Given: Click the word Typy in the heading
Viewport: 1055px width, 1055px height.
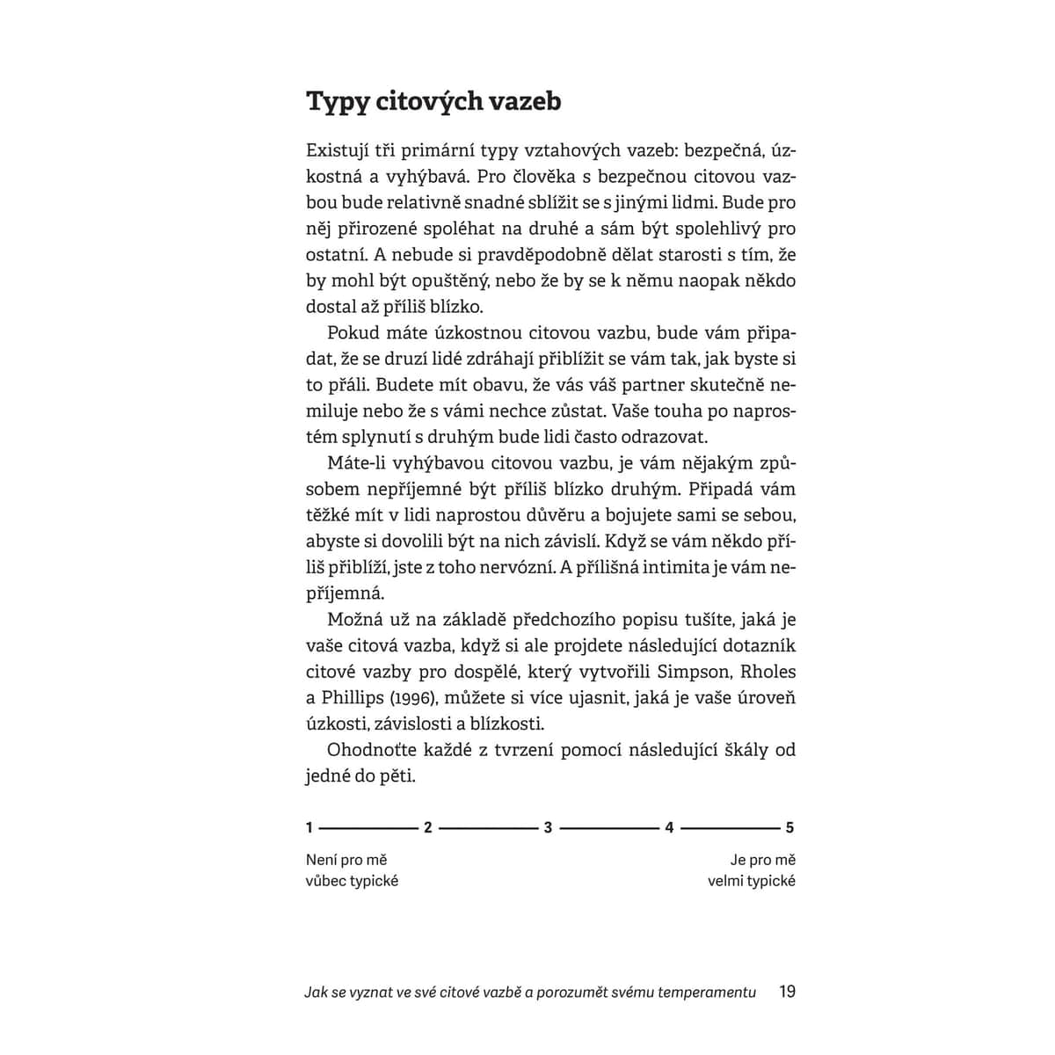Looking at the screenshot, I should (x=337, y=102).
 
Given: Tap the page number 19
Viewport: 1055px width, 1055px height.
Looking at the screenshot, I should (x=787, y=992).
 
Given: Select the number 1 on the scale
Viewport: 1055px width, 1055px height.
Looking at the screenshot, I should (x=309, y=827).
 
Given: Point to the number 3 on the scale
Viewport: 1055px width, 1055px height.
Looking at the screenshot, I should (x=549, y=827).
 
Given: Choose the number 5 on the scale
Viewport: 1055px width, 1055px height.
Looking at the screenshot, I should (x=789, y=827).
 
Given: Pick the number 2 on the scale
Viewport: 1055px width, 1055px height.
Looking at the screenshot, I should (x=428, y=827).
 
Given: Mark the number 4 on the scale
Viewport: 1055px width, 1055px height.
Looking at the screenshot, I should (x=669, y=827).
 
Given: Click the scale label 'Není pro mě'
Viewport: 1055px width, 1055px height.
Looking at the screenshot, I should (x=346, y=860).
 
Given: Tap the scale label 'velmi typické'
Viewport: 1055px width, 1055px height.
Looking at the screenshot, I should (x=752, y=880).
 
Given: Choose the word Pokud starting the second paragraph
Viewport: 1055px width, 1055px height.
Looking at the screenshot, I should (x=350, y=333).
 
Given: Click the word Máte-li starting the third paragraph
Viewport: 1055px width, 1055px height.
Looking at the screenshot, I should (x=359, y=463).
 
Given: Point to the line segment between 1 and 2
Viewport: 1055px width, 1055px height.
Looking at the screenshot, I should (x=368, y=827).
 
